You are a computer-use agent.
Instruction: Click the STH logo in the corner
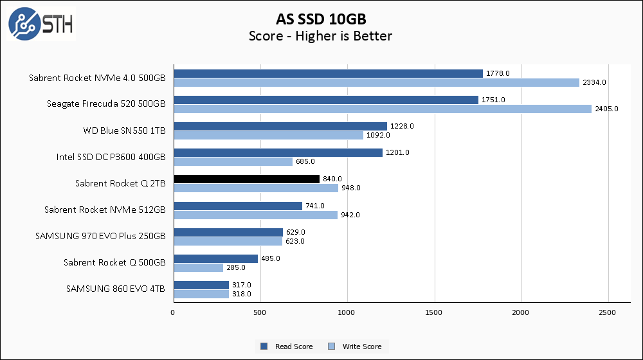click(x=41, y=23)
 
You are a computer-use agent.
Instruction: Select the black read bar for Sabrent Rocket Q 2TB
click(x=246, y=179)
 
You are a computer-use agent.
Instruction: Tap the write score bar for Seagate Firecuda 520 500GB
click(x=382, y=109)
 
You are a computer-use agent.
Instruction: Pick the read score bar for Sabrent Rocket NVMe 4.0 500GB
click(x=328, y=73)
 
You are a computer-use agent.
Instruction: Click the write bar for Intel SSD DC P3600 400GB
click(x=233, y=161)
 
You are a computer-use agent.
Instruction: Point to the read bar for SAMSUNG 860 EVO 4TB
click(x=201, y=285)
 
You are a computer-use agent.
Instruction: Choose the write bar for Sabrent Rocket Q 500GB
click(x=198, y=267)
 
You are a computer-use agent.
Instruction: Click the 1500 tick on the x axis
click(x=435, y=312)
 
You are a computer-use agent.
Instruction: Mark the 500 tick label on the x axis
click(x=260, y=312)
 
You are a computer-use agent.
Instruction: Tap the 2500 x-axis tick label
click(x=608, y=312)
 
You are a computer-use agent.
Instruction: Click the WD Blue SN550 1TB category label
click(x=124, y=130)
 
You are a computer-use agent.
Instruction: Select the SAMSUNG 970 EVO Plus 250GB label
click(x=101, y=236)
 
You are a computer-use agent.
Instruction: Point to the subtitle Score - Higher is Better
click(x=320, y=36)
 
